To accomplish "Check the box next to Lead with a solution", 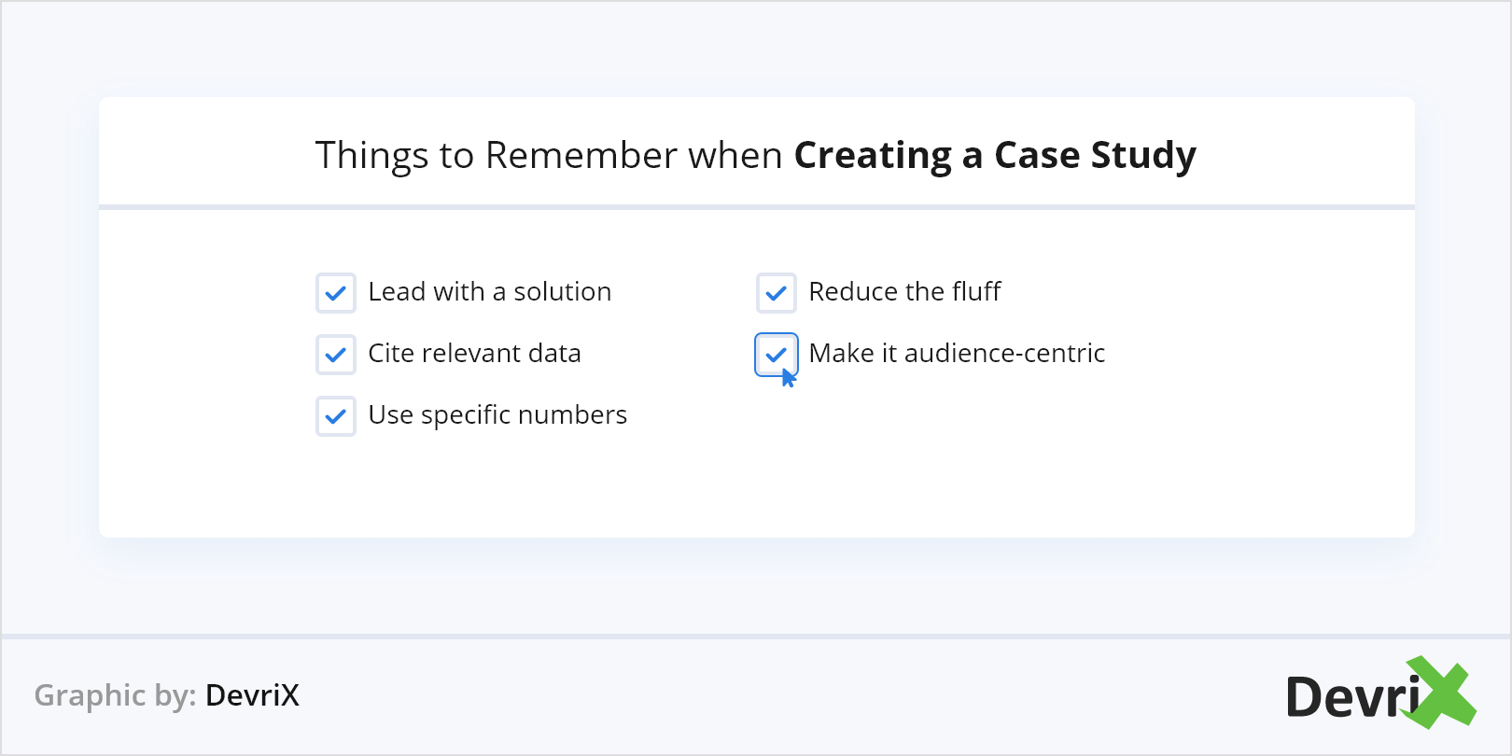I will (335, 293).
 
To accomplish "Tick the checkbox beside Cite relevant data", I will (335, 355).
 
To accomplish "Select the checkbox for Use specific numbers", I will (335, 416).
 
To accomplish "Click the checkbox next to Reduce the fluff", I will (776, 293).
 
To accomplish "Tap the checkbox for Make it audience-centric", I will (776, 355).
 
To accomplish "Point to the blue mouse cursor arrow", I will (789, 378).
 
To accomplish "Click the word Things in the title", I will (371, 156).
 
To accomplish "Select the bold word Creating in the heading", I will (873, 156).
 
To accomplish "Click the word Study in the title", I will (1143, 156).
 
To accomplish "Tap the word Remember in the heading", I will (581, 156).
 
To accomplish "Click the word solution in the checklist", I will (562, 292).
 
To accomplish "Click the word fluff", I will (976, 292).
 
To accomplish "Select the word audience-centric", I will (1004, 354).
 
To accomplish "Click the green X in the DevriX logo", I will (1442, 693).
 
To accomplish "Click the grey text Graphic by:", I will (115, 696).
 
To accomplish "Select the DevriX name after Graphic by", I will (252, 696).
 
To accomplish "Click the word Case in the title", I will (1036, 156).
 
